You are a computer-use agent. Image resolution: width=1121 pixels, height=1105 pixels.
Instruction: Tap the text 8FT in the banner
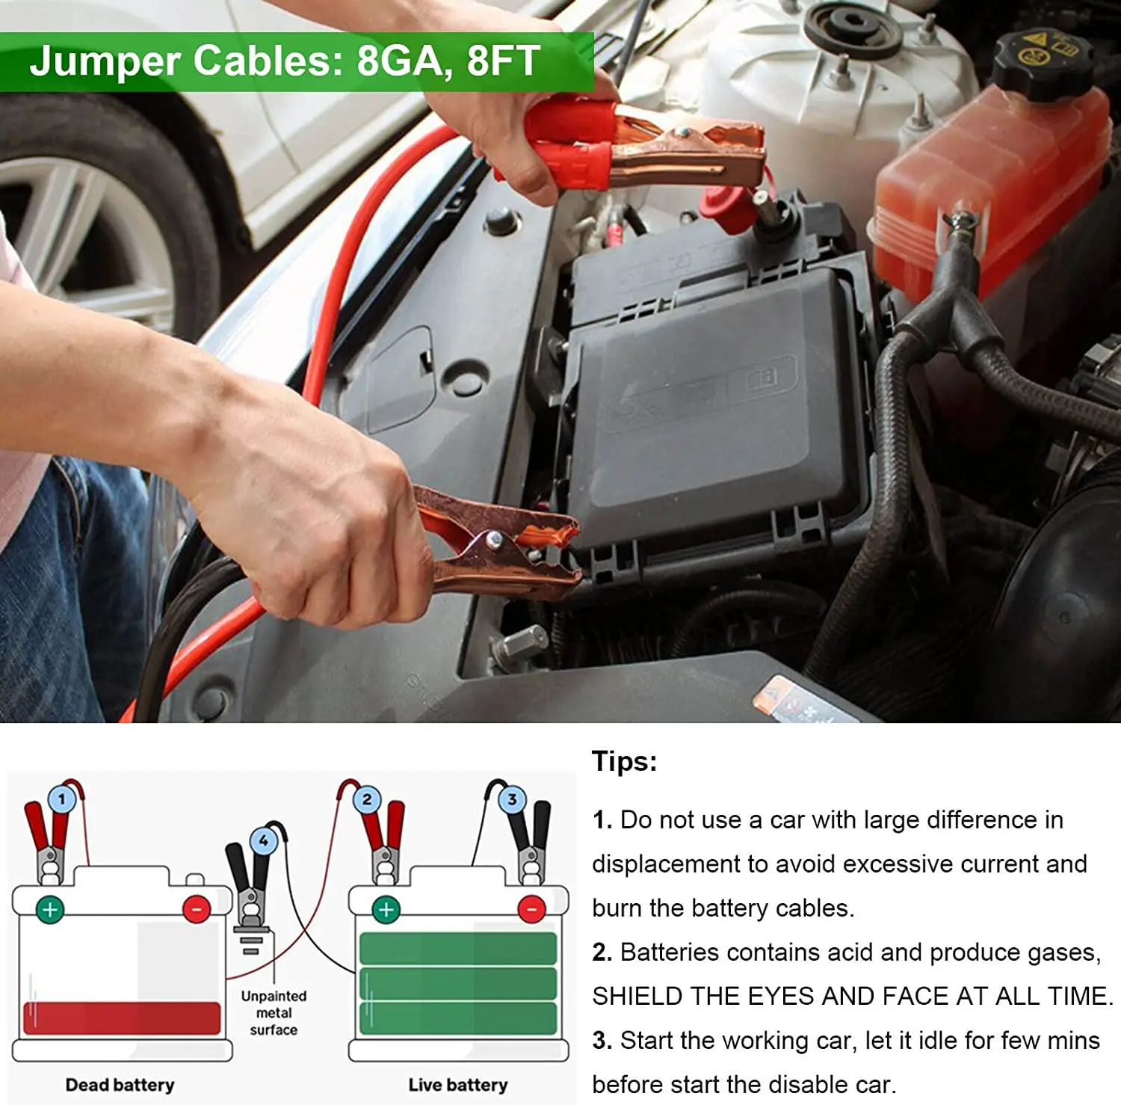click(503, 61)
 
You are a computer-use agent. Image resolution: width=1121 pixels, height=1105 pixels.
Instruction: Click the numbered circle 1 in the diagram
click(61, 799)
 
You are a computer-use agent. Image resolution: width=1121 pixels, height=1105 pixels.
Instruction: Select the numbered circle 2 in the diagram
click(366, 799)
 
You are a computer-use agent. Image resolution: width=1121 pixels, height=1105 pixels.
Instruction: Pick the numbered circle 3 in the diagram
click(512, 799)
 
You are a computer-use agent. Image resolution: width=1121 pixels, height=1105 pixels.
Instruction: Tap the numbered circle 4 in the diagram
click(263, 841)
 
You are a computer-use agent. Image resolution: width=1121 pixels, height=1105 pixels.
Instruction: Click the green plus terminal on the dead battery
click(50, 909)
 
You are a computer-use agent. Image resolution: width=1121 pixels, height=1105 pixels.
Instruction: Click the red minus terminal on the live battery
click(531, 909)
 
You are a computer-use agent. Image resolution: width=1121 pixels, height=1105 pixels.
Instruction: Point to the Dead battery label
click(120, 1084)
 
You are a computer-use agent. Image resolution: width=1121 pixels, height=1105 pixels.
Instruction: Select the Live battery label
click(457, 1084)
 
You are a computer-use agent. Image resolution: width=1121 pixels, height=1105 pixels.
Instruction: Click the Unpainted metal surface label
click(274, 1013)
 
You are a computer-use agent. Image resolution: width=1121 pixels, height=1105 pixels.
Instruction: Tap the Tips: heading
click(624, 761)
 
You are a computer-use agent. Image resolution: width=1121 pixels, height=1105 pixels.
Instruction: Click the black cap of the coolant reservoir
click(1043, 64)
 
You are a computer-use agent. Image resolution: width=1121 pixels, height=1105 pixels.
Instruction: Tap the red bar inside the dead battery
click(122, 1018)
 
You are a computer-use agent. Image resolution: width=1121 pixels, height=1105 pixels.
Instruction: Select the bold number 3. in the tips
click(602, 1040)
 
